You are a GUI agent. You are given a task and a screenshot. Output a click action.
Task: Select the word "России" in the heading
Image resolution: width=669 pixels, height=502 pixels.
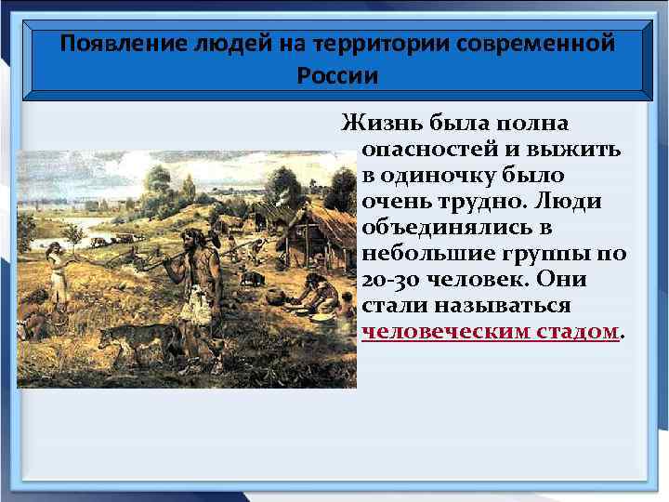pos(337,75)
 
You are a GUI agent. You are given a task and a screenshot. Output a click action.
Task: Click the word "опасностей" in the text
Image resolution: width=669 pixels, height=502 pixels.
pos(428,150)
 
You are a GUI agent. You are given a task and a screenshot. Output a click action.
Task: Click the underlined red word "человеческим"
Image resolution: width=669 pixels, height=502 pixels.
pos(442,332)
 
